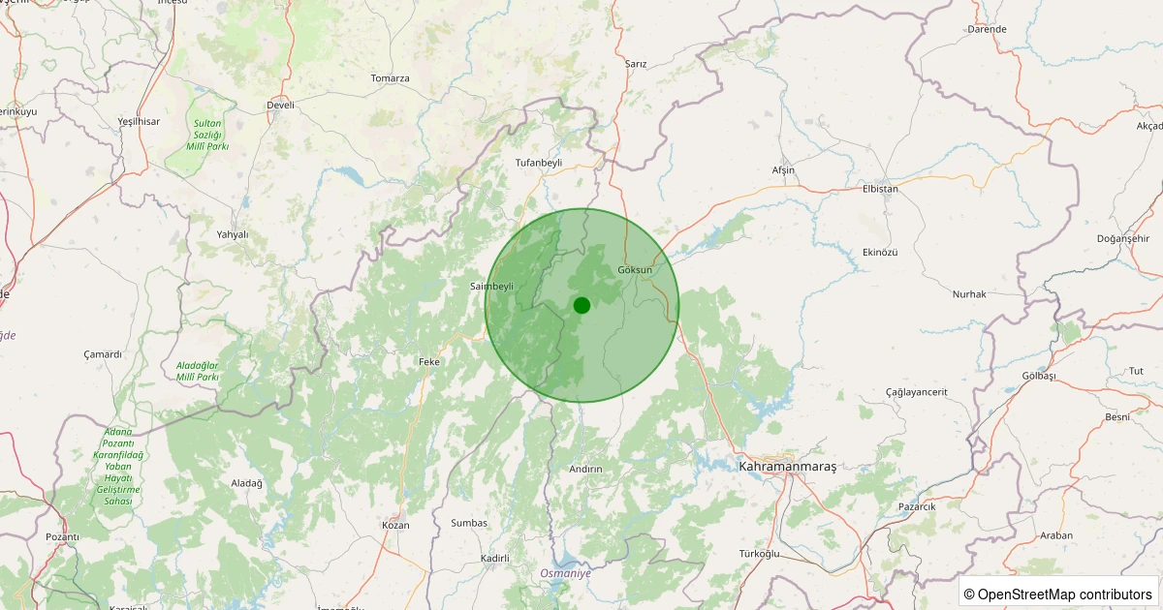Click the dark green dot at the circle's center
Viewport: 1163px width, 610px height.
(x=581, y=305)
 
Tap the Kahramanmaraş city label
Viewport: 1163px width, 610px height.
(x=787, y=467)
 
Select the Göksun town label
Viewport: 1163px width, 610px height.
(x=635, y=269)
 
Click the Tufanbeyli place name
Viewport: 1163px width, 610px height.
(x=539, y=163)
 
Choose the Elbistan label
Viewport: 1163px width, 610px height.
(x=880, y=189)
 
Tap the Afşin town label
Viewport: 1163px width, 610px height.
(x=783, y=170)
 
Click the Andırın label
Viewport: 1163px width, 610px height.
(x=585, y=469)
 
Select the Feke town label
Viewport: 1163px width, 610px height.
(x=429, y=361)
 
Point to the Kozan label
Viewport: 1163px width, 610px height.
(x=396, y=525)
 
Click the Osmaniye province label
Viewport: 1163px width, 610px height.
(x=566, y=573)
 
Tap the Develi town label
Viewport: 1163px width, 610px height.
(x=280, y=105)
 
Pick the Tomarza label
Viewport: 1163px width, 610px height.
(x=390, y=78)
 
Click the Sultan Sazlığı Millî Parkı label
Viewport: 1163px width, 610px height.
(x=208, y=135)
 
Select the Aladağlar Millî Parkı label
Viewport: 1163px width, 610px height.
(x=198, y=370)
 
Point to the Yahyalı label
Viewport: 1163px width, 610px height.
(x=233, y=234)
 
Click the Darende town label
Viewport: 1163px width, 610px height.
(x=987, y=29)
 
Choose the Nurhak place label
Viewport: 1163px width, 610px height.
(x=969, y=293)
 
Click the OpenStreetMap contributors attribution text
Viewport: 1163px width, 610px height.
(x=1057, y=594)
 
